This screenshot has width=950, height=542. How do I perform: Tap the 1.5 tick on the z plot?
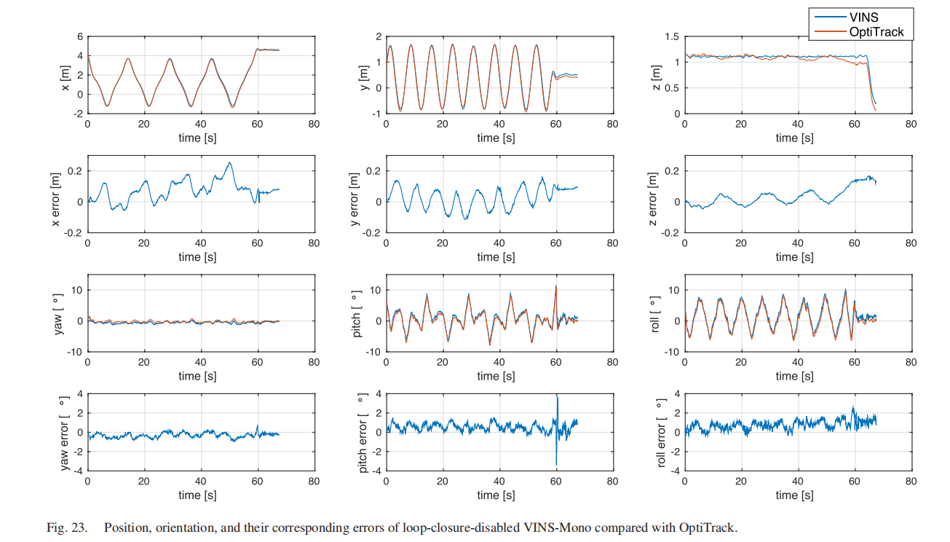pos(671,36)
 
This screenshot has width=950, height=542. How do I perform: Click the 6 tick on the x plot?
pos(80,36)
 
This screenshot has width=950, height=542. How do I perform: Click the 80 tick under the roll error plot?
pos(910,481)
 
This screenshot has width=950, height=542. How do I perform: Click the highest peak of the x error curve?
pos(229,162)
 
